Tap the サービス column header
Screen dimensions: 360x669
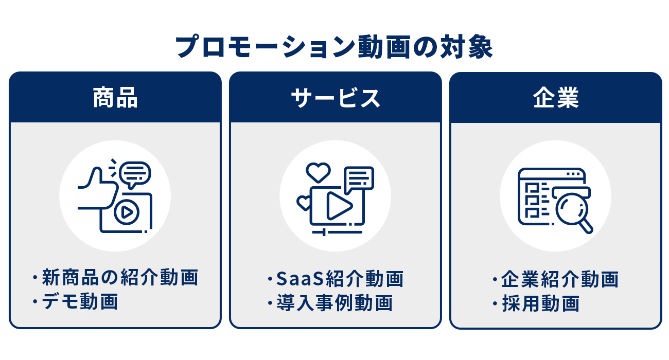336,98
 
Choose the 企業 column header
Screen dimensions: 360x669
556,98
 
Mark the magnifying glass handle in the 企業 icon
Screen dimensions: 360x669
586,226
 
